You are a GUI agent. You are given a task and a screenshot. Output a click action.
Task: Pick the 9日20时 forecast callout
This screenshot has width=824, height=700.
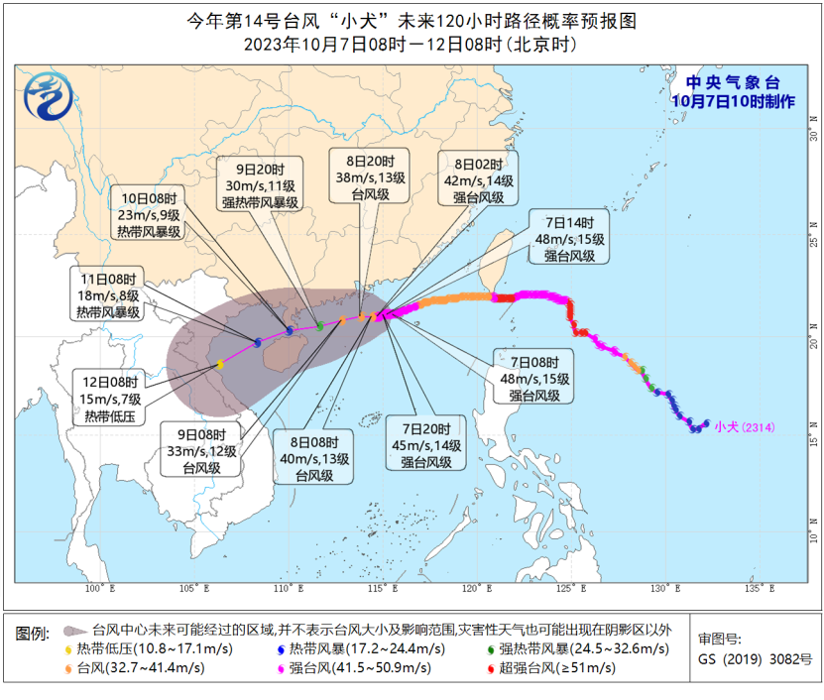tap(260, 185)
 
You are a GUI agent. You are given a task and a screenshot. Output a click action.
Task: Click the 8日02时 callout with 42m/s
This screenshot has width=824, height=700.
tap(480, 179)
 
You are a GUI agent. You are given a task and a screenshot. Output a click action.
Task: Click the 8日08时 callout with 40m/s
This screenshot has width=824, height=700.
tap(319, 458)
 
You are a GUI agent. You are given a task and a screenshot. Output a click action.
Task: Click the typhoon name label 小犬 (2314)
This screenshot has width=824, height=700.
tap(744, 427)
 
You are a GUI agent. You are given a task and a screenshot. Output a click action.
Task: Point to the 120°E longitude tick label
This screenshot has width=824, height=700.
tap(478, 589)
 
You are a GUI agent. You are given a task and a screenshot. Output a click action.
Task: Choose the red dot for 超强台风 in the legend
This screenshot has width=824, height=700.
tap(490, 668)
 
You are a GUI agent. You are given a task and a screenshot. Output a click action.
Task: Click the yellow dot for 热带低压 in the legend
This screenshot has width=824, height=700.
tap(68, 649)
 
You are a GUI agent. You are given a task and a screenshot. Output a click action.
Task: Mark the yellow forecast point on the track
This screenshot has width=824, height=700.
tap(220, 365)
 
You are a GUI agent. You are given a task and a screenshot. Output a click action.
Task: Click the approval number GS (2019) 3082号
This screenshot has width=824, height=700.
tap(755, 658)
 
